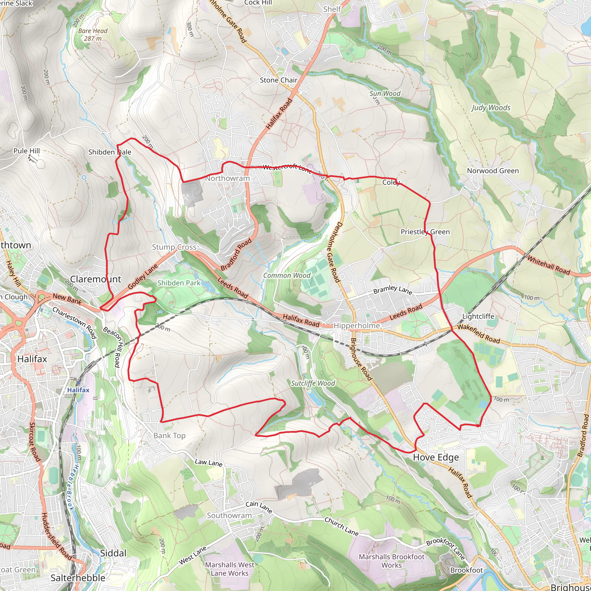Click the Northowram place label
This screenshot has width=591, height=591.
(227, 178)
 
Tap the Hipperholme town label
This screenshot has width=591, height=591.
(356, 326)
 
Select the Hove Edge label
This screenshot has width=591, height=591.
(436, 457)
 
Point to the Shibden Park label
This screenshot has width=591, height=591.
(179, 283)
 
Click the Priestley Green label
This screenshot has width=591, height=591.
(425, 232)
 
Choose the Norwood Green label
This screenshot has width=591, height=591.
(493, 171)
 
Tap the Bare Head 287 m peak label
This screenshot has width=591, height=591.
(93, 35)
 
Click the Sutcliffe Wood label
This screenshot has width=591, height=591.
(313, 383)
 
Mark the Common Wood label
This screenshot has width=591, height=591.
(287, 276)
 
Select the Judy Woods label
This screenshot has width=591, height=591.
(491, 108)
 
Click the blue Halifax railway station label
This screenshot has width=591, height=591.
(78, 390)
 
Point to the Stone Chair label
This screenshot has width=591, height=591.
(278, 80)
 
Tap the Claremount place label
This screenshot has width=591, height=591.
(96, 279)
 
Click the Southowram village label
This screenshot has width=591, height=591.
(229, 515)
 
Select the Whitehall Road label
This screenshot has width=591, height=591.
(549, 265)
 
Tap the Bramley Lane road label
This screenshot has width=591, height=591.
(393, 290)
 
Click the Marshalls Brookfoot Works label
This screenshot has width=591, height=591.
(392, 561)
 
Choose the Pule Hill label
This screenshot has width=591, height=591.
(27, 151)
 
